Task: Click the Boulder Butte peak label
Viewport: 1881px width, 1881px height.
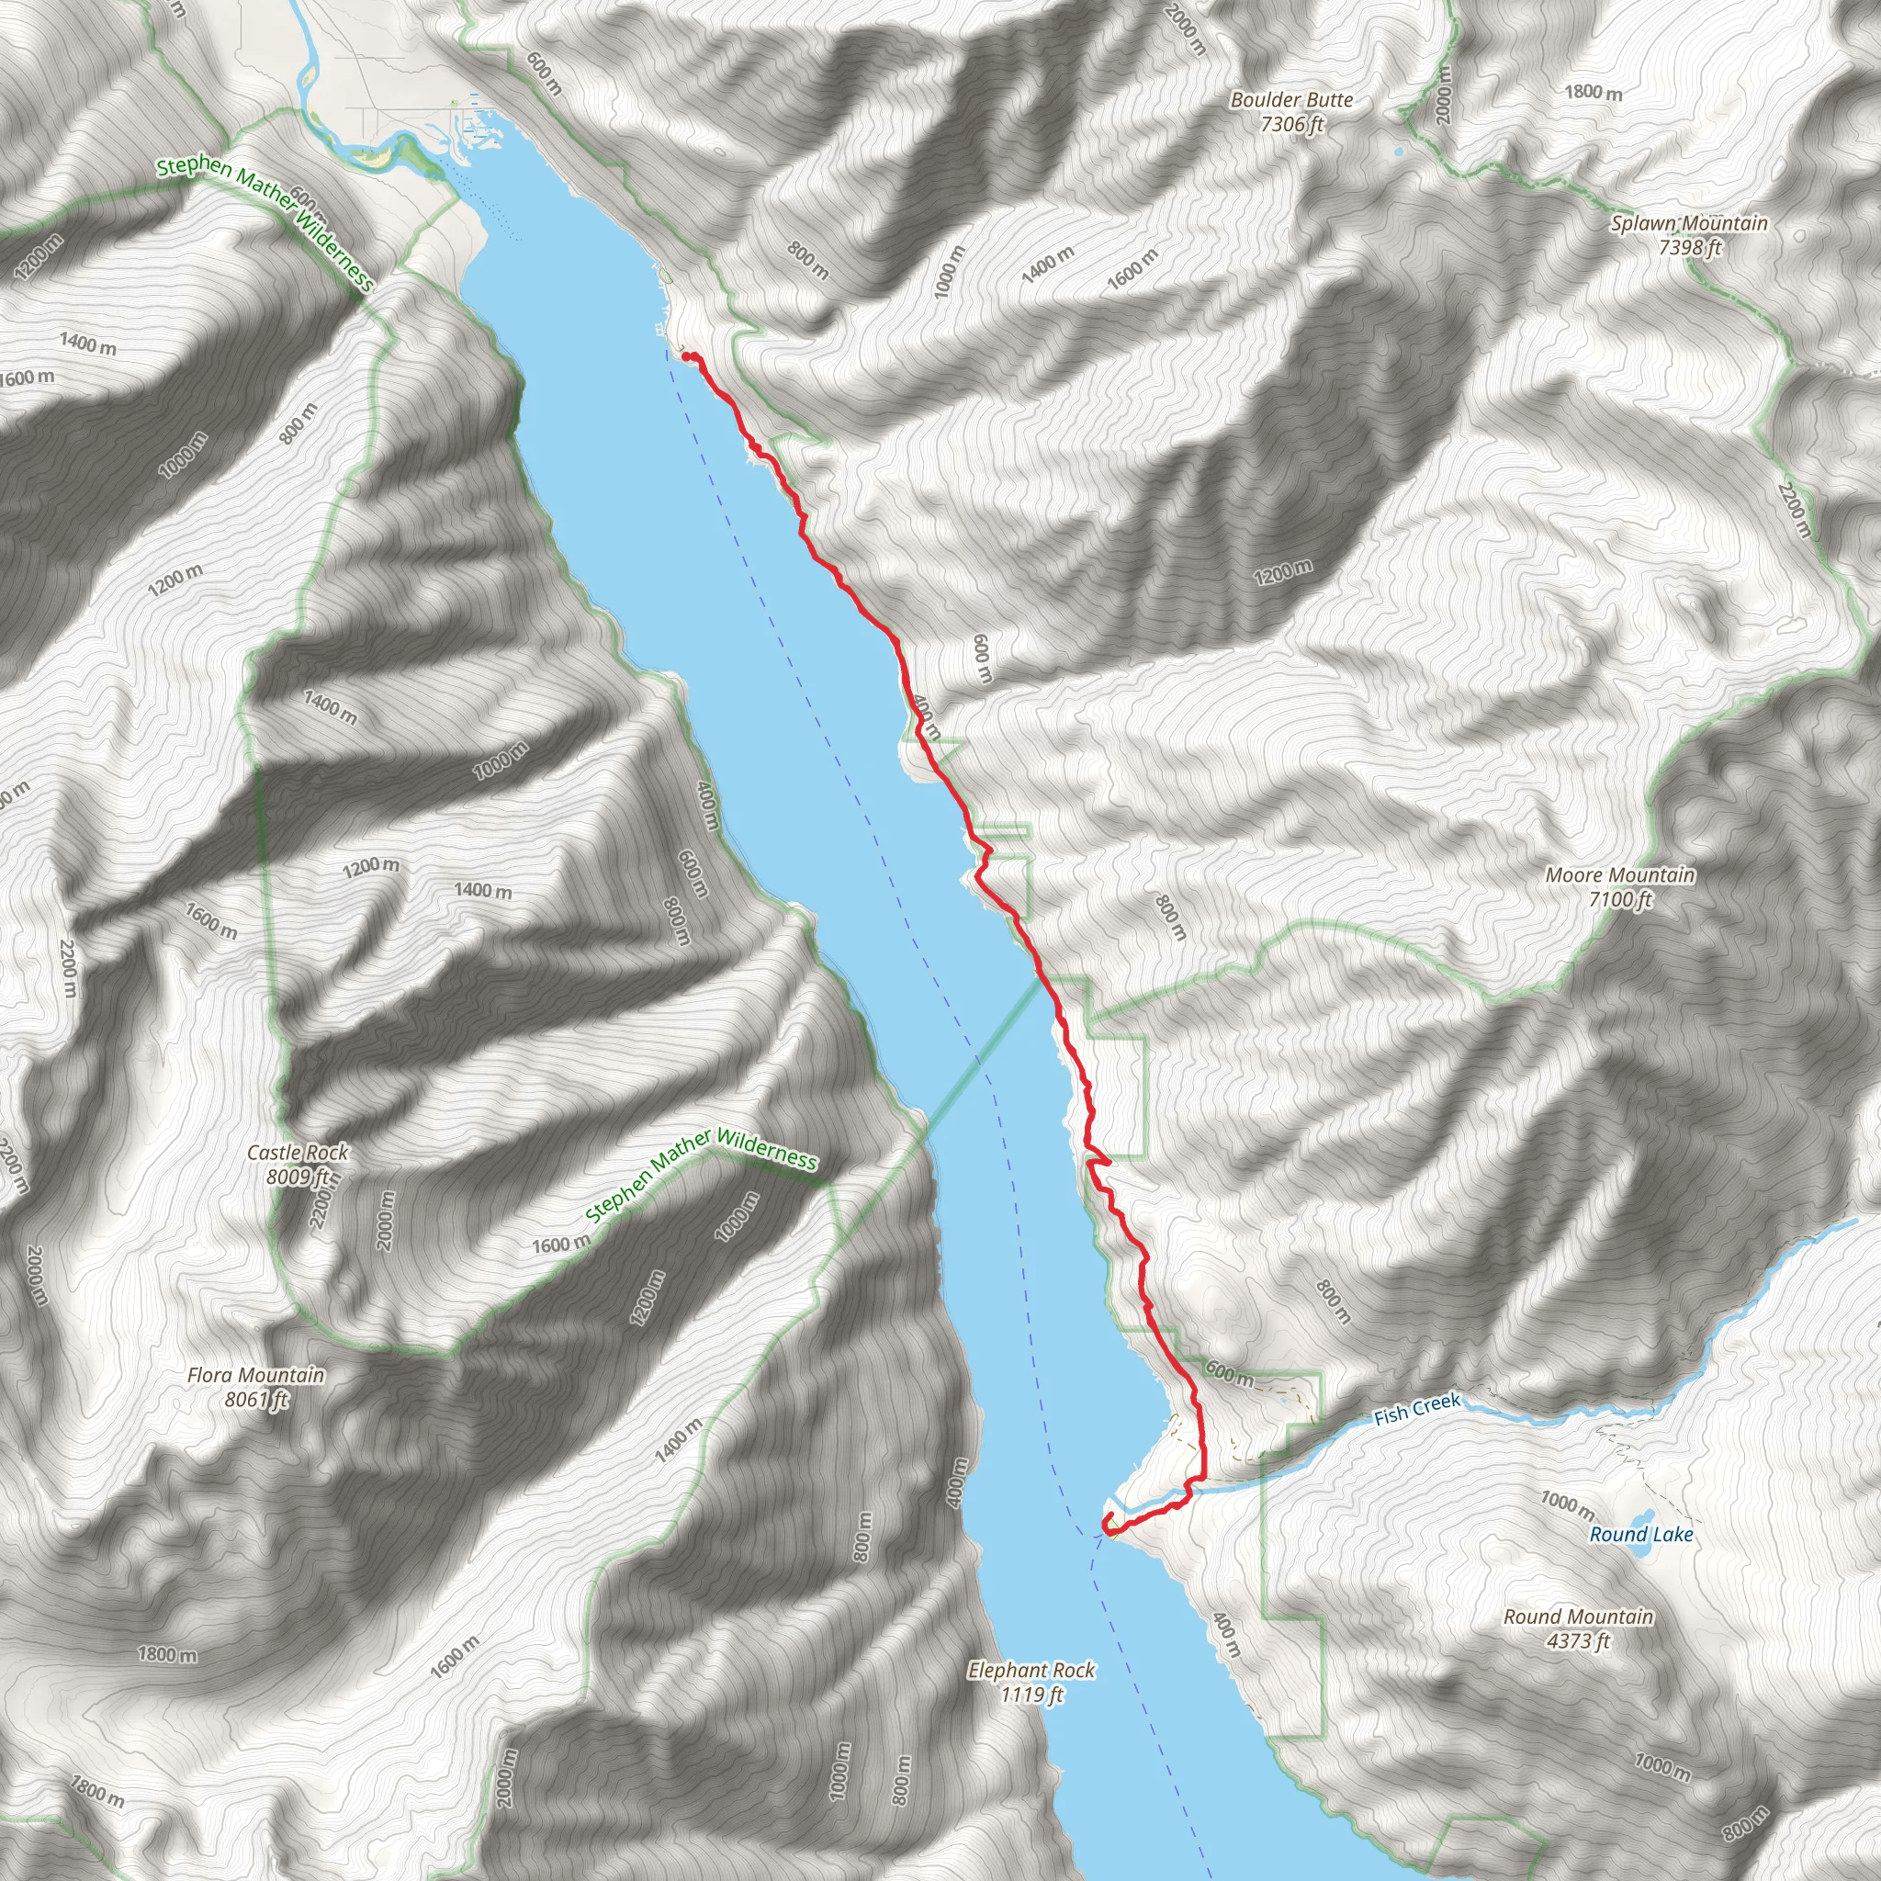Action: (x=1291, y=100)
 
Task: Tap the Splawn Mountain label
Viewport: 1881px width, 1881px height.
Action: (x=1689, y=223)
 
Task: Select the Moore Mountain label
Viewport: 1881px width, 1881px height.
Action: (x=1620, y=875)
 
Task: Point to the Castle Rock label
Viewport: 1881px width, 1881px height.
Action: (x=297, y=1153)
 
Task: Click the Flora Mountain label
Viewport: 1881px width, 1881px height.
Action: (x=256, y=1375)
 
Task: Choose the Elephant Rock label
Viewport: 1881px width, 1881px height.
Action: (x=1031, y=1671)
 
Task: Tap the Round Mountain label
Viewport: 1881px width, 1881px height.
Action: (x=1578, y=1617)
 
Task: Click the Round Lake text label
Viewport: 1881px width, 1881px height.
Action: (x=1641, y=1536)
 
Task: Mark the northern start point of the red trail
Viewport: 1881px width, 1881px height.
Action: (x=687, y=357)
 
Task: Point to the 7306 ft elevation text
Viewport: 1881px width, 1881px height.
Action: (x=1291, y=125)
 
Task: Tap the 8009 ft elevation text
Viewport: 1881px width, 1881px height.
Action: (x=297, y=1177)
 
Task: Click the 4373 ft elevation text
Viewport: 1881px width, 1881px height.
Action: (x=1578, y=1641)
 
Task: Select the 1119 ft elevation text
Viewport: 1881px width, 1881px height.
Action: (x=1031, y=1695)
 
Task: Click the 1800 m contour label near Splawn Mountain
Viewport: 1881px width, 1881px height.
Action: (x=1594, y=93)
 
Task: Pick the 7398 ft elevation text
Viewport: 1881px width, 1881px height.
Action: (x=1689, y=247)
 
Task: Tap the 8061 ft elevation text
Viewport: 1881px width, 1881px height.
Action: (x=256, y=1400)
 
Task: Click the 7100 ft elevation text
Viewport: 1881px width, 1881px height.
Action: (x=1620, y=899)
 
